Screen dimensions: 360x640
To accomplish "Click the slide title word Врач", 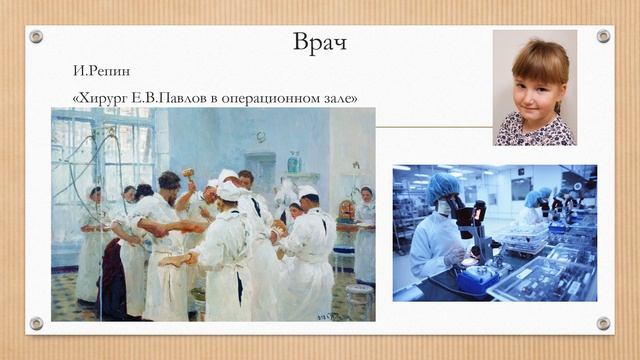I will [x=320, y=43].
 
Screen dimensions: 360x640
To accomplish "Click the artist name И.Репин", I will [x=102, y=72].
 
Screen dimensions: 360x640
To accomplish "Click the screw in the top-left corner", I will [x=36, y=36].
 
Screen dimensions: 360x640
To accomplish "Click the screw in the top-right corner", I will [x=603, y=36].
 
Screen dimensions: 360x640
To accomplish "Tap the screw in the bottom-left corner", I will [x=36, y=323].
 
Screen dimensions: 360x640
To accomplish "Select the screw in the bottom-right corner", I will [x=603, y=323].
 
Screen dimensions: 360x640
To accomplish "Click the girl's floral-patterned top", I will [x=535, y=132].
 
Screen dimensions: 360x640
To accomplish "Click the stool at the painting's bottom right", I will [x=358, y=300].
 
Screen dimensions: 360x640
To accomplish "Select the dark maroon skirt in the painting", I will [x=112, y=285].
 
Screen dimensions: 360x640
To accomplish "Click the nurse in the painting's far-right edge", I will [x=365, y=240].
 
